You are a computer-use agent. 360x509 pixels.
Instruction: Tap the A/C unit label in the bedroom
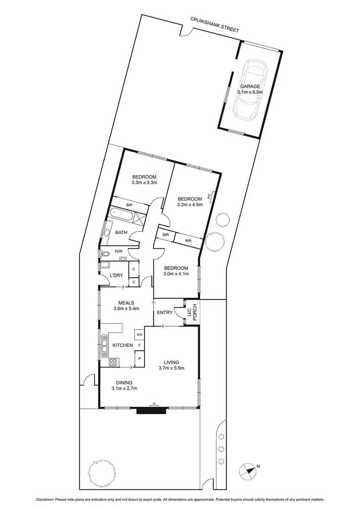[x=209, y=196]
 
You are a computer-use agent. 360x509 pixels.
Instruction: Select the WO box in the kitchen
[x=139, y=334]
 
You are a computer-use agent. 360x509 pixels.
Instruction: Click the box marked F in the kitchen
[x=139, y=345]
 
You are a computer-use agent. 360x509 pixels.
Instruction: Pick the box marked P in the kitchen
[x=139, y=358]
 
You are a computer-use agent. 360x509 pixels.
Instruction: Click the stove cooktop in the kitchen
[x=113, y=363]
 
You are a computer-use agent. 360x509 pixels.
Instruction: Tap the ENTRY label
[x=165, y=313]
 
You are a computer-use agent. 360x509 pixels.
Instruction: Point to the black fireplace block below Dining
[x=152, y=410]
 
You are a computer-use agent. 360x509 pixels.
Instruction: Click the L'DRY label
[x=117, y=275]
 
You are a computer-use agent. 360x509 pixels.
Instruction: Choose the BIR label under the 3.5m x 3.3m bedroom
[x=129, y=205]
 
